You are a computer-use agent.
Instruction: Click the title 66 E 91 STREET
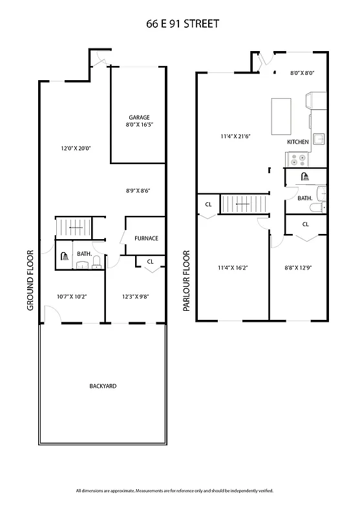(x=182, y=24)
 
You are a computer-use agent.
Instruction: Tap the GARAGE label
(x=139, y=117)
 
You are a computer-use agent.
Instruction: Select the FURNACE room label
(x=146, y=238)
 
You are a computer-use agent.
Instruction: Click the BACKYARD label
(x=103, y=386)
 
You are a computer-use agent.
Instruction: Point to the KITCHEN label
(x=297, y=142)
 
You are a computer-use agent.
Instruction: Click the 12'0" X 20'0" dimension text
(x=76, y=148)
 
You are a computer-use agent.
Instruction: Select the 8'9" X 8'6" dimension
(x=140, y=191)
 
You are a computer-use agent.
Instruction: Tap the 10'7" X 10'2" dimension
(x=72, y=297)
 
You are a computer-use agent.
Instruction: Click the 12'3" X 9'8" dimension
(x=136, y=297)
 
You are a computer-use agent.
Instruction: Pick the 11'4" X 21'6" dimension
(x=235, y=136)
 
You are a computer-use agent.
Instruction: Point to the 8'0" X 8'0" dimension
(x=302, y=73)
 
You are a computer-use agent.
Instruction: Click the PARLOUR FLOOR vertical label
(x=186, y=281)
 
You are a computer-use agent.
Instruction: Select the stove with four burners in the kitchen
(x=298, y=159)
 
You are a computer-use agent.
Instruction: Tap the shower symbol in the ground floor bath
(x=65, y=256)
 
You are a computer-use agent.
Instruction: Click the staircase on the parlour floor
(x=244, y=204)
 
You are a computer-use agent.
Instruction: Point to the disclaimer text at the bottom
(x=175, y=491)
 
